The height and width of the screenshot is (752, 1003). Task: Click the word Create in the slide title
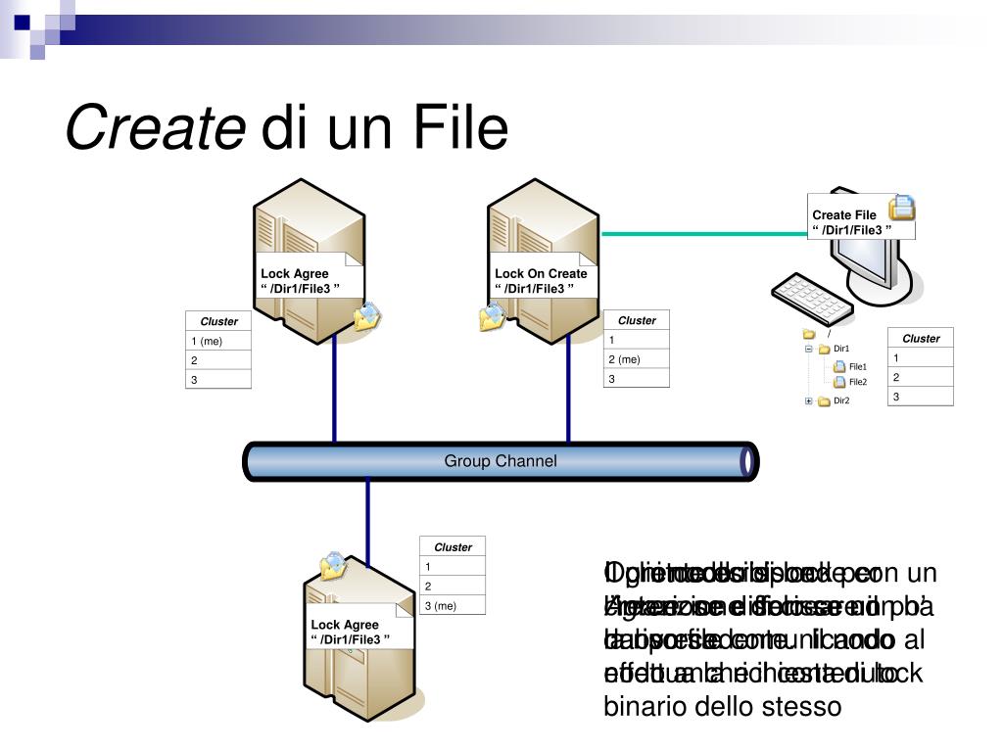[155, 129]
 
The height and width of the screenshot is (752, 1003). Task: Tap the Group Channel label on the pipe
[500, 461]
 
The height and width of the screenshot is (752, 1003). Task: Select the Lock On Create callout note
[541, 280]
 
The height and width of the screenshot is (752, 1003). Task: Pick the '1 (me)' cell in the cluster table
[217, 341]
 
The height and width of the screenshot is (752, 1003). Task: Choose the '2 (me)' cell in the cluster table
[637, 358]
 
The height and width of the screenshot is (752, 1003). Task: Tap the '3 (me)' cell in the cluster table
[453, 605]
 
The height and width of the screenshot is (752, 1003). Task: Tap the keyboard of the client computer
[812, 292]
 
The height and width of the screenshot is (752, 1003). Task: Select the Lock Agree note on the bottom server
[350, 632]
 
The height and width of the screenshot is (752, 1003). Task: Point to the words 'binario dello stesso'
[721, 705]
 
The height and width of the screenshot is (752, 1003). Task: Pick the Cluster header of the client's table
[921, 338]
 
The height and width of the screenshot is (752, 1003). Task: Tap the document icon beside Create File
[902, 207]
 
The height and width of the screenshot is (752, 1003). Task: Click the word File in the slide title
[461, 129]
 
